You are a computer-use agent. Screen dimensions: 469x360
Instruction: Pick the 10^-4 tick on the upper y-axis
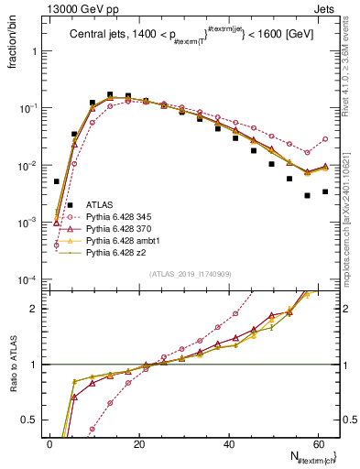coord(31,279)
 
